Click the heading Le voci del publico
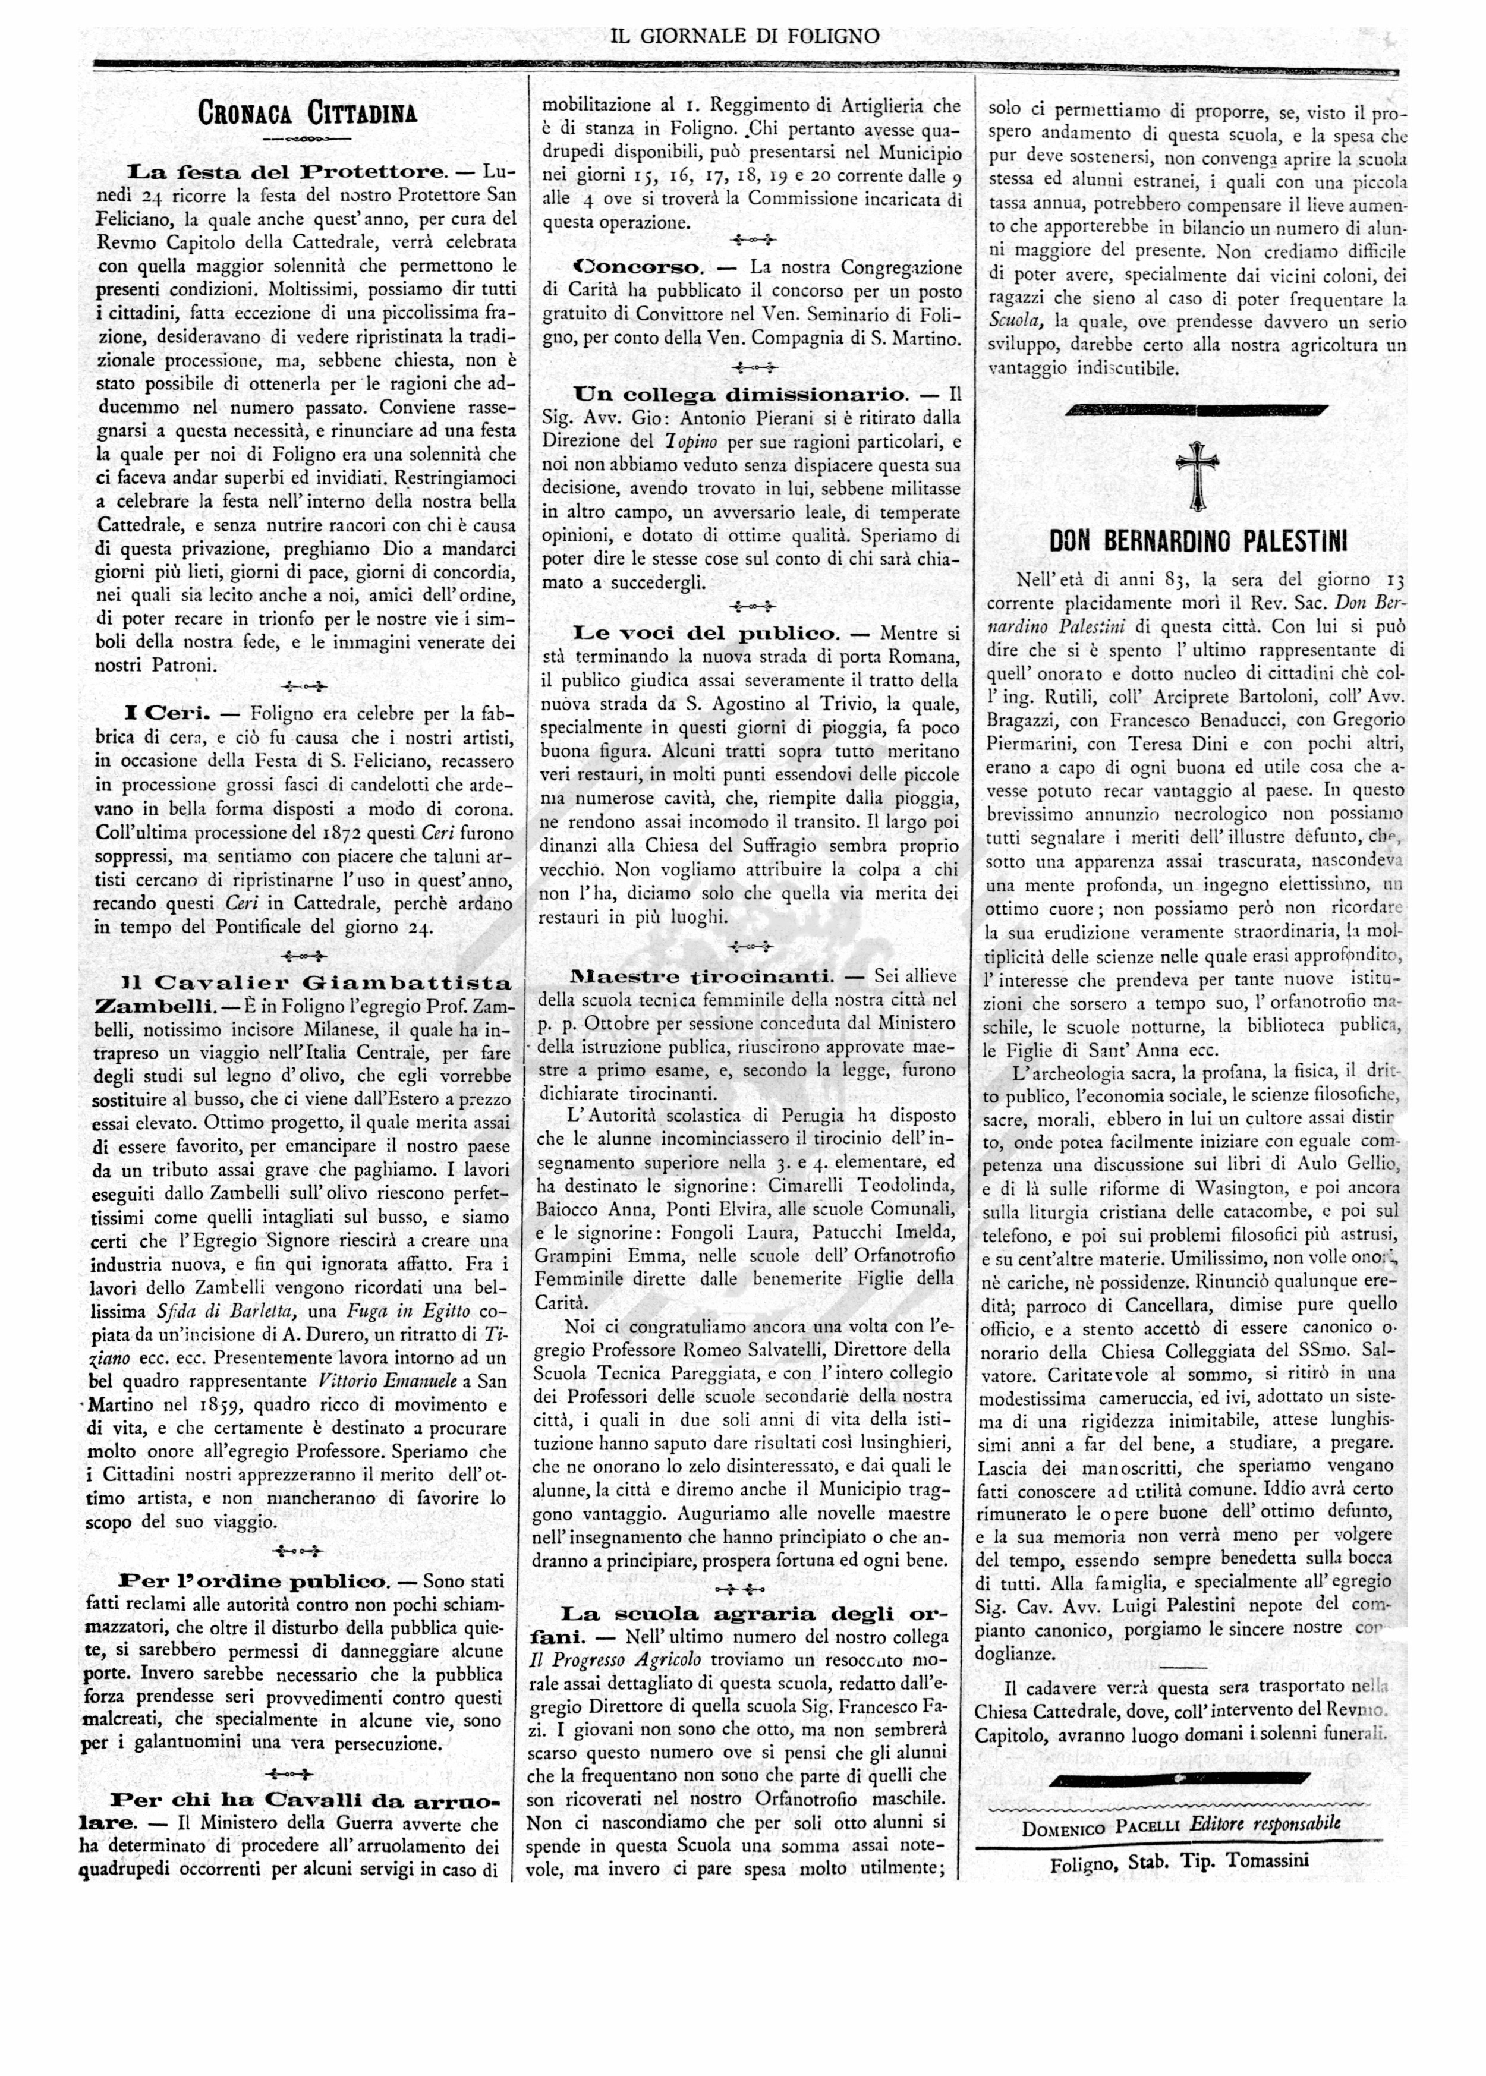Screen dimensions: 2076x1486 click(x=706, y=633)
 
